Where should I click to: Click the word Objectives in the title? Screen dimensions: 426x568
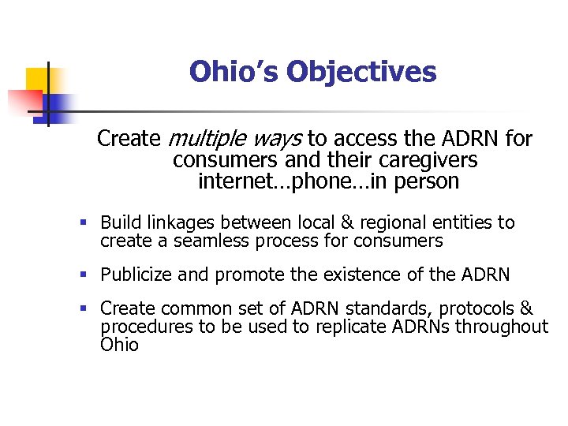click(361, 72)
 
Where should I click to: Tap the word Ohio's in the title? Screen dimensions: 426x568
click(234, 72)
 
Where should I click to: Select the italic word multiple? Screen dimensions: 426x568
click(207, 140)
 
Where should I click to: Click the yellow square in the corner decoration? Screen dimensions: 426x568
click(38, 79)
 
